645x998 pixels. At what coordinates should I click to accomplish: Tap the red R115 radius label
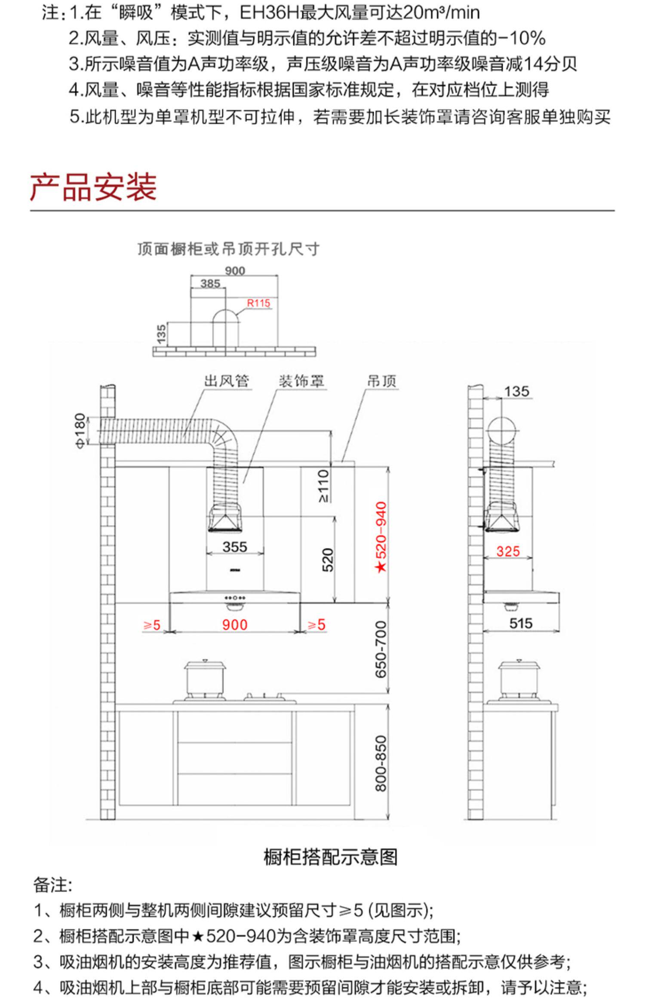258,303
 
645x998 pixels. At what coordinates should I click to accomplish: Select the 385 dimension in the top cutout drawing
210,284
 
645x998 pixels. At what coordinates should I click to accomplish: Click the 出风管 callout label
226,381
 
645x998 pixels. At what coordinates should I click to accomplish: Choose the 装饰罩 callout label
301,381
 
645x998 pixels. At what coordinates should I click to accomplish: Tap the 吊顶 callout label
382,381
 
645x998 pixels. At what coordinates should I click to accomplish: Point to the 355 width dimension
235,547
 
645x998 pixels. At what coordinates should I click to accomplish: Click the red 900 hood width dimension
235,625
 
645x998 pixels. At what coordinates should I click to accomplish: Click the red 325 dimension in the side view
508,551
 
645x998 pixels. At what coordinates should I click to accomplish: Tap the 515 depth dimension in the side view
521,623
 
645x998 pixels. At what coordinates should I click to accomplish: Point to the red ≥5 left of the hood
152,625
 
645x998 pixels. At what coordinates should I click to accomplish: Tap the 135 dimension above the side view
516,392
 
